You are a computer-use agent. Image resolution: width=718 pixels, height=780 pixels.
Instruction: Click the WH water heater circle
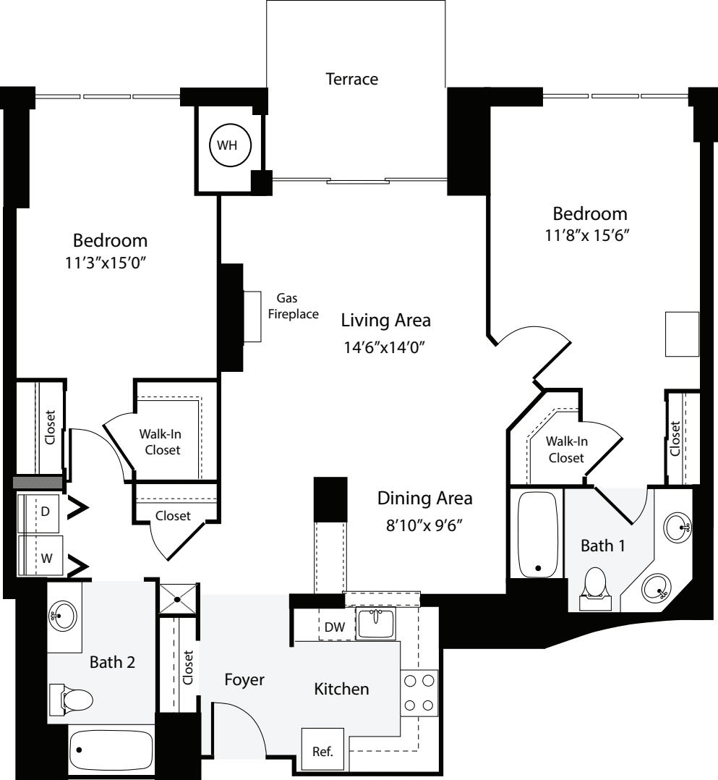[x=230, y=145]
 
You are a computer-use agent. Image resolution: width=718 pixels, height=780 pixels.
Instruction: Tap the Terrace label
[x=351, y=79]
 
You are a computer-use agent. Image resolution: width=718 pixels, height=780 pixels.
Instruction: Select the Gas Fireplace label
[x=293, y=306]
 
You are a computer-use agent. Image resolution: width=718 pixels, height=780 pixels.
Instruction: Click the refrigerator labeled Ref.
[x=322, y=751]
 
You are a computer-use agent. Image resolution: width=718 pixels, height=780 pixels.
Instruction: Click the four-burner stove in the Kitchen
[x=419, y=692]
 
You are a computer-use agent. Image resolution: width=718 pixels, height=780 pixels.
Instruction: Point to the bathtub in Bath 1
[x=537, y=534]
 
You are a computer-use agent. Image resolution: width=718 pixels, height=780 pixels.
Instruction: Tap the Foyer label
[x=244, y=680]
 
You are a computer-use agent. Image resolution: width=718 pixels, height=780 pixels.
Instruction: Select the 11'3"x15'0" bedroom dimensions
[x=111, y=264]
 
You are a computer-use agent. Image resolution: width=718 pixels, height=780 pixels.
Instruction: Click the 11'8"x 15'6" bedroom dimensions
[x=590, y=237]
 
